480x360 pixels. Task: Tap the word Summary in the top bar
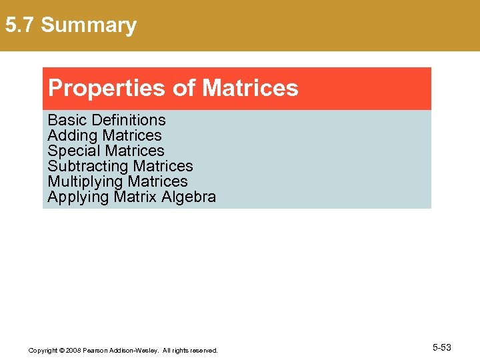[x=89, y=25]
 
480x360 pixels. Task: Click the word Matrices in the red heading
[x=250, y=88]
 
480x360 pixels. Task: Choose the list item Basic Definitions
[x=107, y=120]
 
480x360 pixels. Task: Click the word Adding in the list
[x=73, y=135]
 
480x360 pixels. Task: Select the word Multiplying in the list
[x=85, y=181]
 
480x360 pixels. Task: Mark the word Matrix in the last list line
[x=135, y=197]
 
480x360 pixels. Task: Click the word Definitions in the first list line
[x=129, y=120]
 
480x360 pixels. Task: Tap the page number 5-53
[x=442, y=347]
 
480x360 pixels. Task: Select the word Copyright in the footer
[x=43, y=350]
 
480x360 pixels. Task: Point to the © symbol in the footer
[x=61, y=350]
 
